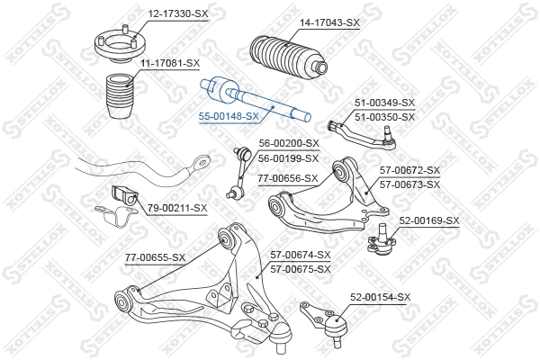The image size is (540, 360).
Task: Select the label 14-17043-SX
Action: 329,22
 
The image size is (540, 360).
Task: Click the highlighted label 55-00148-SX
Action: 229,116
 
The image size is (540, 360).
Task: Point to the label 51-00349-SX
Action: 384,103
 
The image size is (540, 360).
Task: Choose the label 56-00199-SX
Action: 289,157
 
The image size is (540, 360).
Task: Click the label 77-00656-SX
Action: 288,178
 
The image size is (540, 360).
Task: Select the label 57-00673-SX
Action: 409,184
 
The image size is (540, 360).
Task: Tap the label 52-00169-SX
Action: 428,220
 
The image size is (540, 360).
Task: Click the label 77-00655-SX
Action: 155,257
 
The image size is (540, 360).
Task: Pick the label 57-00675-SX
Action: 301,268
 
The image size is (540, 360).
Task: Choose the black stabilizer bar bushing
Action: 122,195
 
